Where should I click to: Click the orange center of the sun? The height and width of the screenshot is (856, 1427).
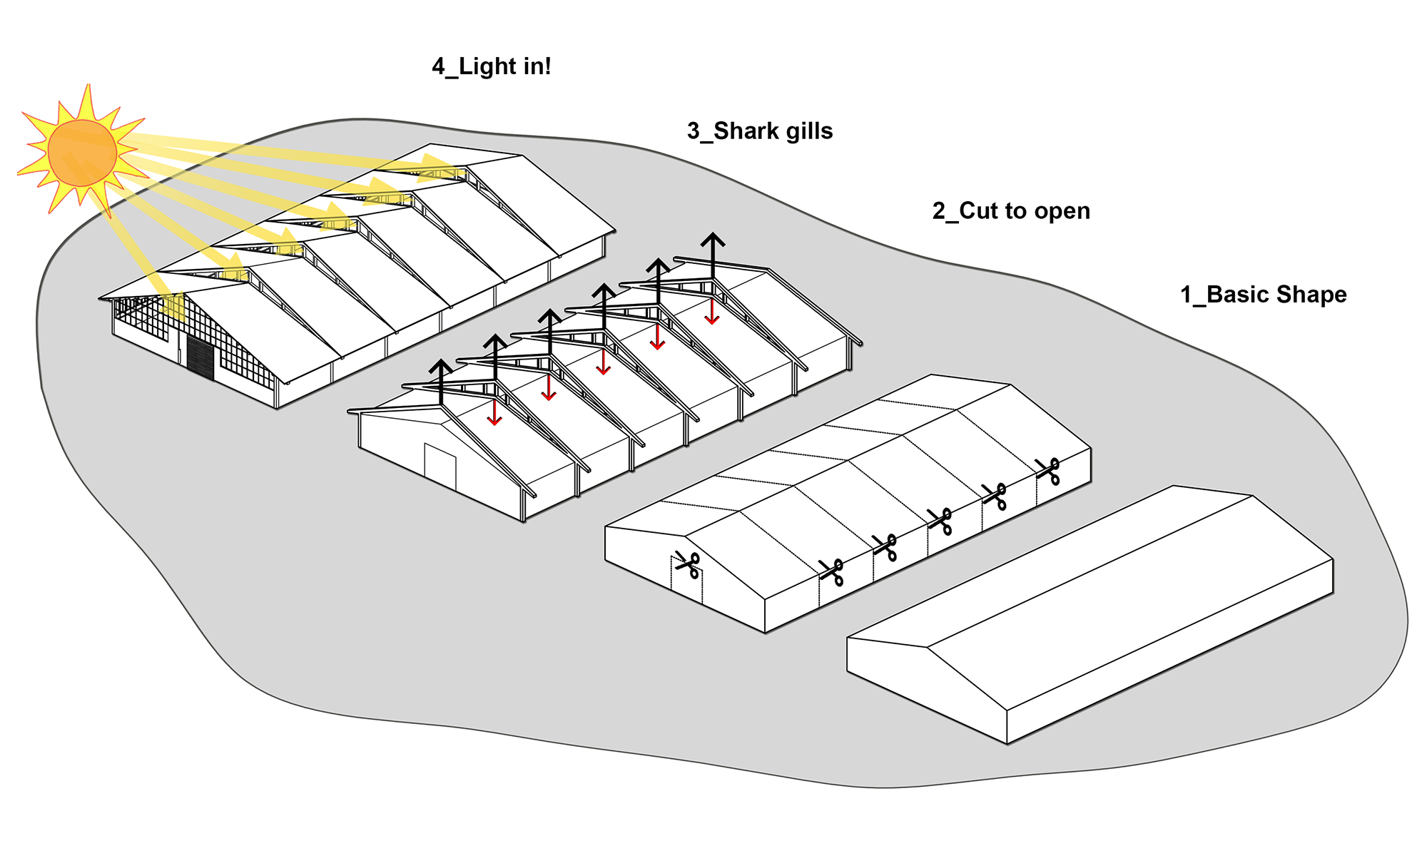point(82,153)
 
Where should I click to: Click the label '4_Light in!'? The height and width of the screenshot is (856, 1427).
point(491,66)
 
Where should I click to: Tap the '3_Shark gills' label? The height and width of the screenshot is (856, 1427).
point(759,131)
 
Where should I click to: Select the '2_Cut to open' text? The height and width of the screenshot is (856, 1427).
point(1010,211)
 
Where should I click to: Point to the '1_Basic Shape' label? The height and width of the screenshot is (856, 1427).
point(1263,295)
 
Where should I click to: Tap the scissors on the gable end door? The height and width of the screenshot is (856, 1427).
point(687,565)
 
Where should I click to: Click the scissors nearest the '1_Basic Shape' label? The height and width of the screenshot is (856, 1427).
point(1048,472)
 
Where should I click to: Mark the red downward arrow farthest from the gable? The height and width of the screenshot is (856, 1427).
point(711,312)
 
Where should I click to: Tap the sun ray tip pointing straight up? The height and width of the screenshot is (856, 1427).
point(89,87)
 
